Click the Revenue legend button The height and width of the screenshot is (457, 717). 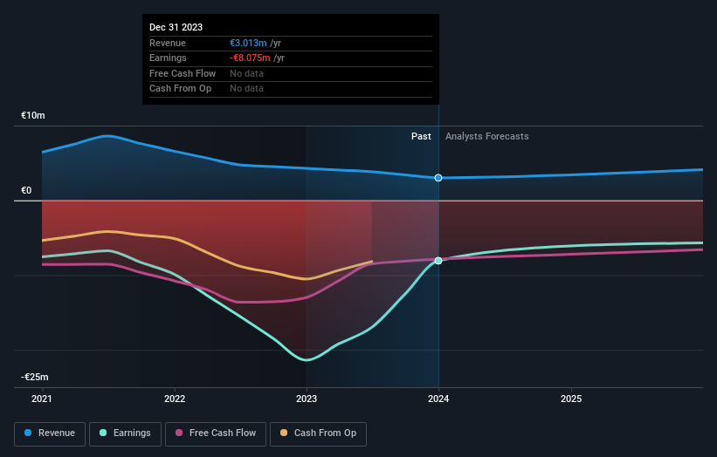50,433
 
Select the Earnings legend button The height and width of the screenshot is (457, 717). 125,433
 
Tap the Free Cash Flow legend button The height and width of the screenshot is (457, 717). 216,433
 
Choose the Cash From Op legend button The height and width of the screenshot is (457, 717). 318,433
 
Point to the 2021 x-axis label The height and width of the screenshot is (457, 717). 42,399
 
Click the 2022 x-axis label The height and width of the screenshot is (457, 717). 175,399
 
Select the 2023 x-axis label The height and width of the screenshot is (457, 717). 307,399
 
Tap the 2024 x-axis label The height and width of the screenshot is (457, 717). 438,399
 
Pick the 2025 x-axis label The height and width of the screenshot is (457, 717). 571,399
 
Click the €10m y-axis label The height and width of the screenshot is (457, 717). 33,115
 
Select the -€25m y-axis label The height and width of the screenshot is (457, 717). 35,377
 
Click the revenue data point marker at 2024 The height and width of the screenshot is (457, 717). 438,178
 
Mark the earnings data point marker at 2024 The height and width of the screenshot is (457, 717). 438,260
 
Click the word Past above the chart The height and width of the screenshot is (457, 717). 421,136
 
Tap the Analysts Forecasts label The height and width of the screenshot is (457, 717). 486,136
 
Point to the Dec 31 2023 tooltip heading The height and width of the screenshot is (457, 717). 176,27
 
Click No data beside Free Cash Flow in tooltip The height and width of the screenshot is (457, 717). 246,73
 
